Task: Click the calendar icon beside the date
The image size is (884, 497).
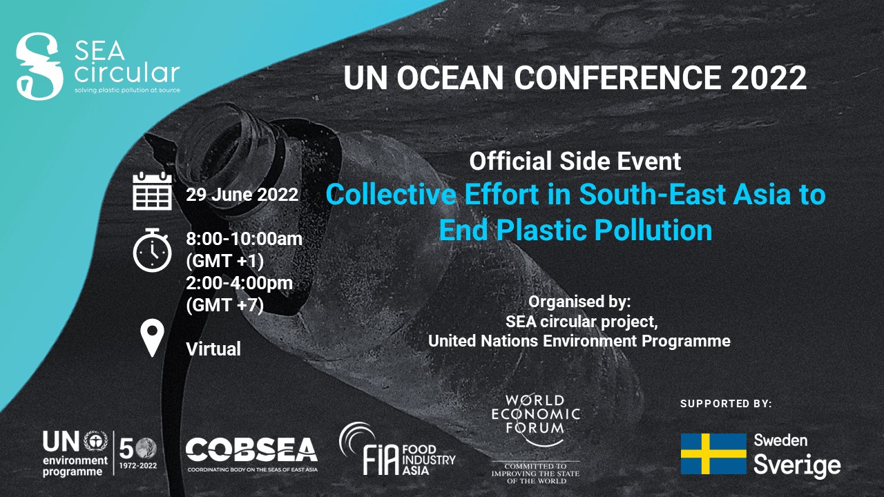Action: pyautogui.click(x=153, y=191)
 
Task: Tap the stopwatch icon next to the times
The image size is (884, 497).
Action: pyautogui.click(x=153, y=250)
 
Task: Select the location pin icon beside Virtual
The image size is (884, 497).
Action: pyautogui.click(x=153, y=338)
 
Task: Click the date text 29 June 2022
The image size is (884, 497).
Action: pyautogui.click(x=242, y=195)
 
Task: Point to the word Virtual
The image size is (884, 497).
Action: pyautogui.click(x=213, y=349)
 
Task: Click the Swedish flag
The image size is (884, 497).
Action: pyautogui.click(x=713, y=454)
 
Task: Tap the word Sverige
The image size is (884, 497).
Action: pyautogui.click(x=797, y=466)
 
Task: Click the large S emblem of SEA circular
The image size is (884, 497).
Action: pyautogui.click(x=39, y=66)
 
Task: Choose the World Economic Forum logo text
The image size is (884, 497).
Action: pyautogui.click(x=535, y=414)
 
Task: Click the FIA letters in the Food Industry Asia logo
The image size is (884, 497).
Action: pyautogui.click(x=381, y=460)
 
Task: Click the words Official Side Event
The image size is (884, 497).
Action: pyautogui.click(x=575, y=161)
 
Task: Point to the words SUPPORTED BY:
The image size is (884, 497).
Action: pyautogui.click(x=726, y=404)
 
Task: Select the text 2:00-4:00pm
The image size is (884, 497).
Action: pyautogui.click(x=239, y=283)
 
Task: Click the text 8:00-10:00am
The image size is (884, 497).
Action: pyautogui.click(x=244, y=239)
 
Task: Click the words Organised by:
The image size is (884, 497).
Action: pyautogui.click(x=579, y=302)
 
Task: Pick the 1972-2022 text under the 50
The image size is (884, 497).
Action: pyautogui.click(x=138, y=466)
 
